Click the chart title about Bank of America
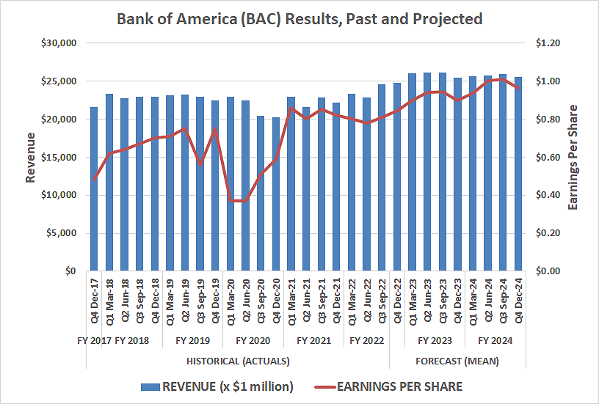(299, 18)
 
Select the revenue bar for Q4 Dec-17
(94, 189)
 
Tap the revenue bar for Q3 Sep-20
(261, 194)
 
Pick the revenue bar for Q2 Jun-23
(427, 172)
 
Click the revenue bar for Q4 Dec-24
(518, 175)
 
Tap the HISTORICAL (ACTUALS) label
(238, 361)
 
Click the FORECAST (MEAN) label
(457, 361)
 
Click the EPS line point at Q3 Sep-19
(200, 164)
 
